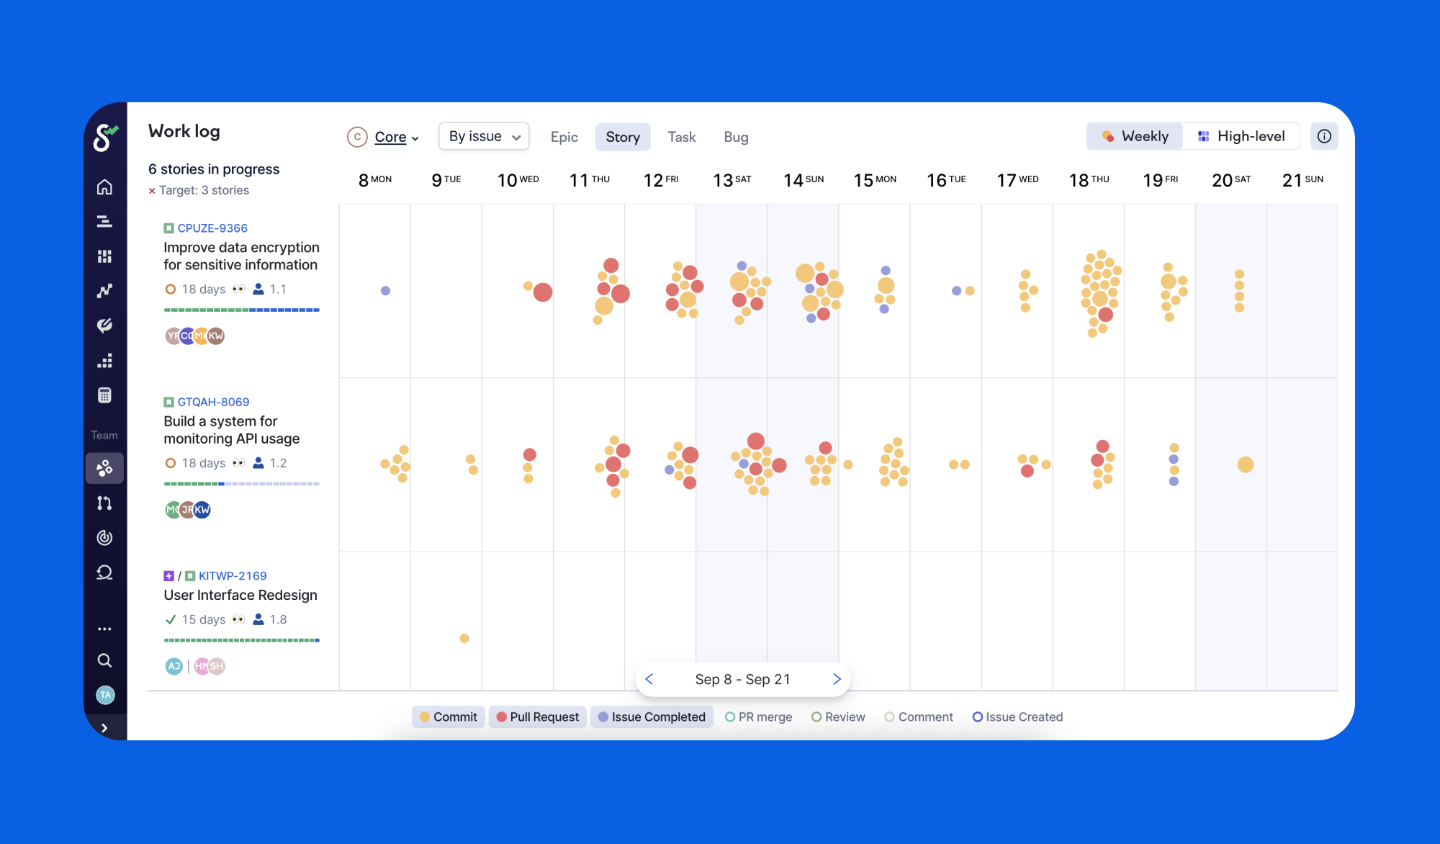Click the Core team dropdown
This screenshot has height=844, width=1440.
click(x=383, y=137)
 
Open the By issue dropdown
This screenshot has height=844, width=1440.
click(x=484, y=137)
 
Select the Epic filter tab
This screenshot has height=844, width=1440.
click(x=564, y=137)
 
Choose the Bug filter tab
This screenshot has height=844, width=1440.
click(x=736, y=137)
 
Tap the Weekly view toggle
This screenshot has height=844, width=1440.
click(x=1135, y=136)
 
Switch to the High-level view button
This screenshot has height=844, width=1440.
click(x=1241, y=136)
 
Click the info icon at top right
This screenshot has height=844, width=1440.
click(x=1324, y=136)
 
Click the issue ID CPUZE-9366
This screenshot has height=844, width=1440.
click(x=212, y=228)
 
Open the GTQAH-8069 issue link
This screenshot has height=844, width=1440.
click(x=213, y=402)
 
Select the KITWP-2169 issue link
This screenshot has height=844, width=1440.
click(x=233, y=576)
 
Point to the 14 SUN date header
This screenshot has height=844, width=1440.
click(x=804, y=180)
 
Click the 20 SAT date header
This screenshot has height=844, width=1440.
click(x=1231, y=180)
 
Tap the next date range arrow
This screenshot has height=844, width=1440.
click(x=837, y=679)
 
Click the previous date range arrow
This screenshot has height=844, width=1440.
click(x=649, y=679)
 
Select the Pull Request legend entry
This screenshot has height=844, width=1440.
click(x=537, y=717)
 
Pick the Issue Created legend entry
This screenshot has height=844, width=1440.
click(x=1017, y=717)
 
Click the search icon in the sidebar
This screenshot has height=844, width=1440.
click(x=104, y=660)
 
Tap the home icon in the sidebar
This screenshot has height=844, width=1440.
click(x=104, y=187)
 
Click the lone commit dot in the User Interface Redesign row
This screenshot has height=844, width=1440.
click(x=464, y=638)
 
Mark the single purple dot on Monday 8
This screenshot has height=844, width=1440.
click(x=385, y=291)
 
